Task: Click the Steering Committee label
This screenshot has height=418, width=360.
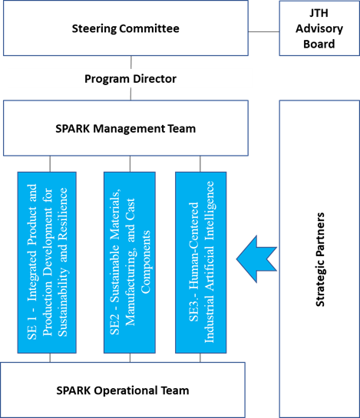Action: tap(125, 28)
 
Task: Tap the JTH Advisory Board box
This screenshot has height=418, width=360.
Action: tap(319, 28)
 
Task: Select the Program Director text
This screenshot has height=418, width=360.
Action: tap(130, 79)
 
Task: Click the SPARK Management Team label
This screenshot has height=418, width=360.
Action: tap(126, 129)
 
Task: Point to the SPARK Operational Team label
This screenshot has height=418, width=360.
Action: tap(123, 390)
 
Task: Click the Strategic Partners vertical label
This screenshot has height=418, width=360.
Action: tap(320, 259)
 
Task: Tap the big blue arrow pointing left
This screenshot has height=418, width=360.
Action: tap(256, 258)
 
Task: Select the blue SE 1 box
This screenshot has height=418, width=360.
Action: tap(47, 262)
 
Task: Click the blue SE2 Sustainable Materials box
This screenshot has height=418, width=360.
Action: tap(130, 262)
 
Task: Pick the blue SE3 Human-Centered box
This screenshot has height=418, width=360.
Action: tap(201, 262)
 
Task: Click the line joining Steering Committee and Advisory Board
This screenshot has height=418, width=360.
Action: tap(263, 31)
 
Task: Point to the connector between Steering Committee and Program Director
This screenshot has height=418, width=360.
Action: tap(131, 62)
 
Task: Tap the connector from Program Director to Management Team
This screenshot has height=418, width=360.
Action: tap(130, 94)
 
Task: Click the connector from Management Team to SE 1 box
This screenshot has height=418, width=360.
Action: tap(50, 164)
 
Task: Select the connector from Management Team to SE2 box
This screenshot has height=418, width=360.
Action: tap(130, 164)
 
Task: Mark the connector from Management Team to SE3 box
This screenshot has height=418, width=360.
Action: tap(200, 164)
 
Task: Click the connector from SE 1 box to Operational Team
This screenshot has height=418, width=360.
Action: tap(50, 357)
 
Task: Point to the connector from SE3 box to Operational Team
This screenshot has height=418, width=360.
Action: tap(200, 357)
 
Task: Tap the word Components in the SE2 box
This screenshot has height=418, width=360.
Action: tap(146, 262)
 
